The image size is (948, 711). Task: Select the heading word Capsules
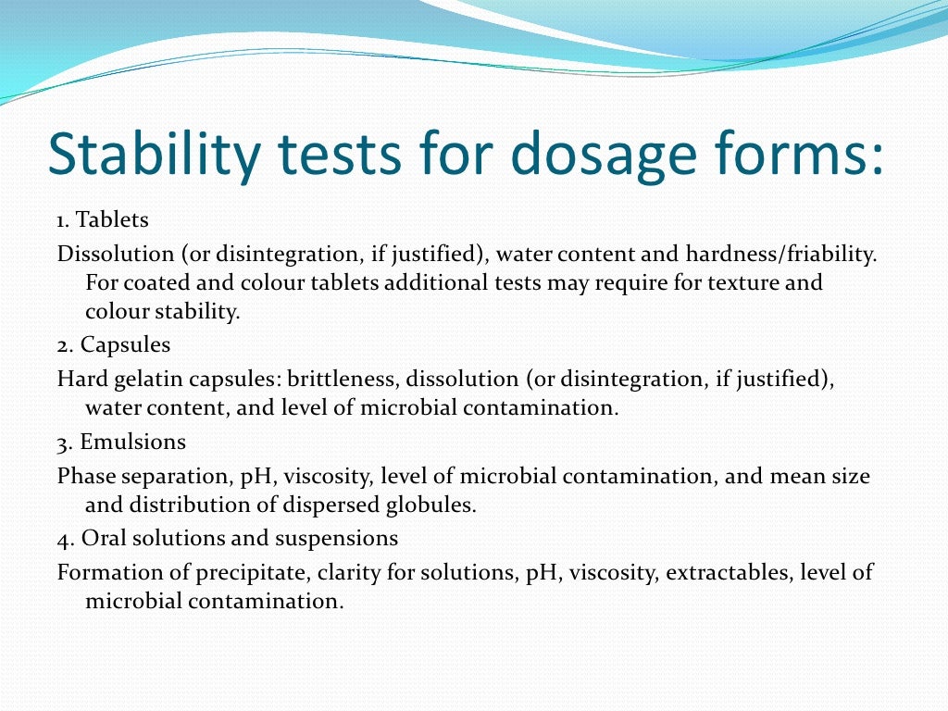[x=125, y=345]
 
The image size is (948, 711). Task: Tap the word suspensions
[x=345, y=538]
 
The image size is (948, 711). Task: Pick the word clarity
[x=348, y=572]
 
